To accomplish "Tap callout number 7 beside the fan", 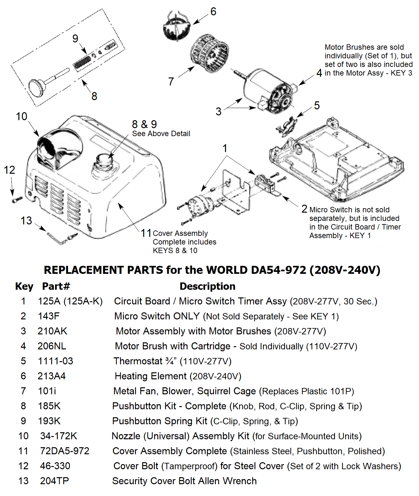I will click(171, 82).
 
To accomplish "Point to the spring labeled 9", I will click(82, 62).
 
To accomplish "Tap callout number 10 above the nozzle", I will click(22, 117).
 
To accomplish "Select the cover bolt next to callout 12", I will click(17, 200).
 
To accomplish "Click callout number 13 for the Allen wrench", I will click(26, 221).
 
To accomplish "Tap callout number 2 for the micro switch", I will click(304, 209).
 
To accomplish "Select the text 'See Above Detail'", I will click(161, 134).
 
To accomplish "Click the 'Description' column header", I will click(207, 286).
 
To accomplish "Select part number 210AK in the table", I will click(52, 331).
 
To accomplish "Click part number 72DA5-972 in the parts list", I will click(65, 451).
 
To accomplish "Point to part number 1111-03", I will click(55, 361).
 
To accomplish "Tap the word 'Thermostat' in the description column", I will click(138, 361).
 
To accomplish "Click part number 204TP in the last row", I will click(54, 481).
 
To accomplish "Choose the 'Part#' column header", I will click(56, 286).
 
